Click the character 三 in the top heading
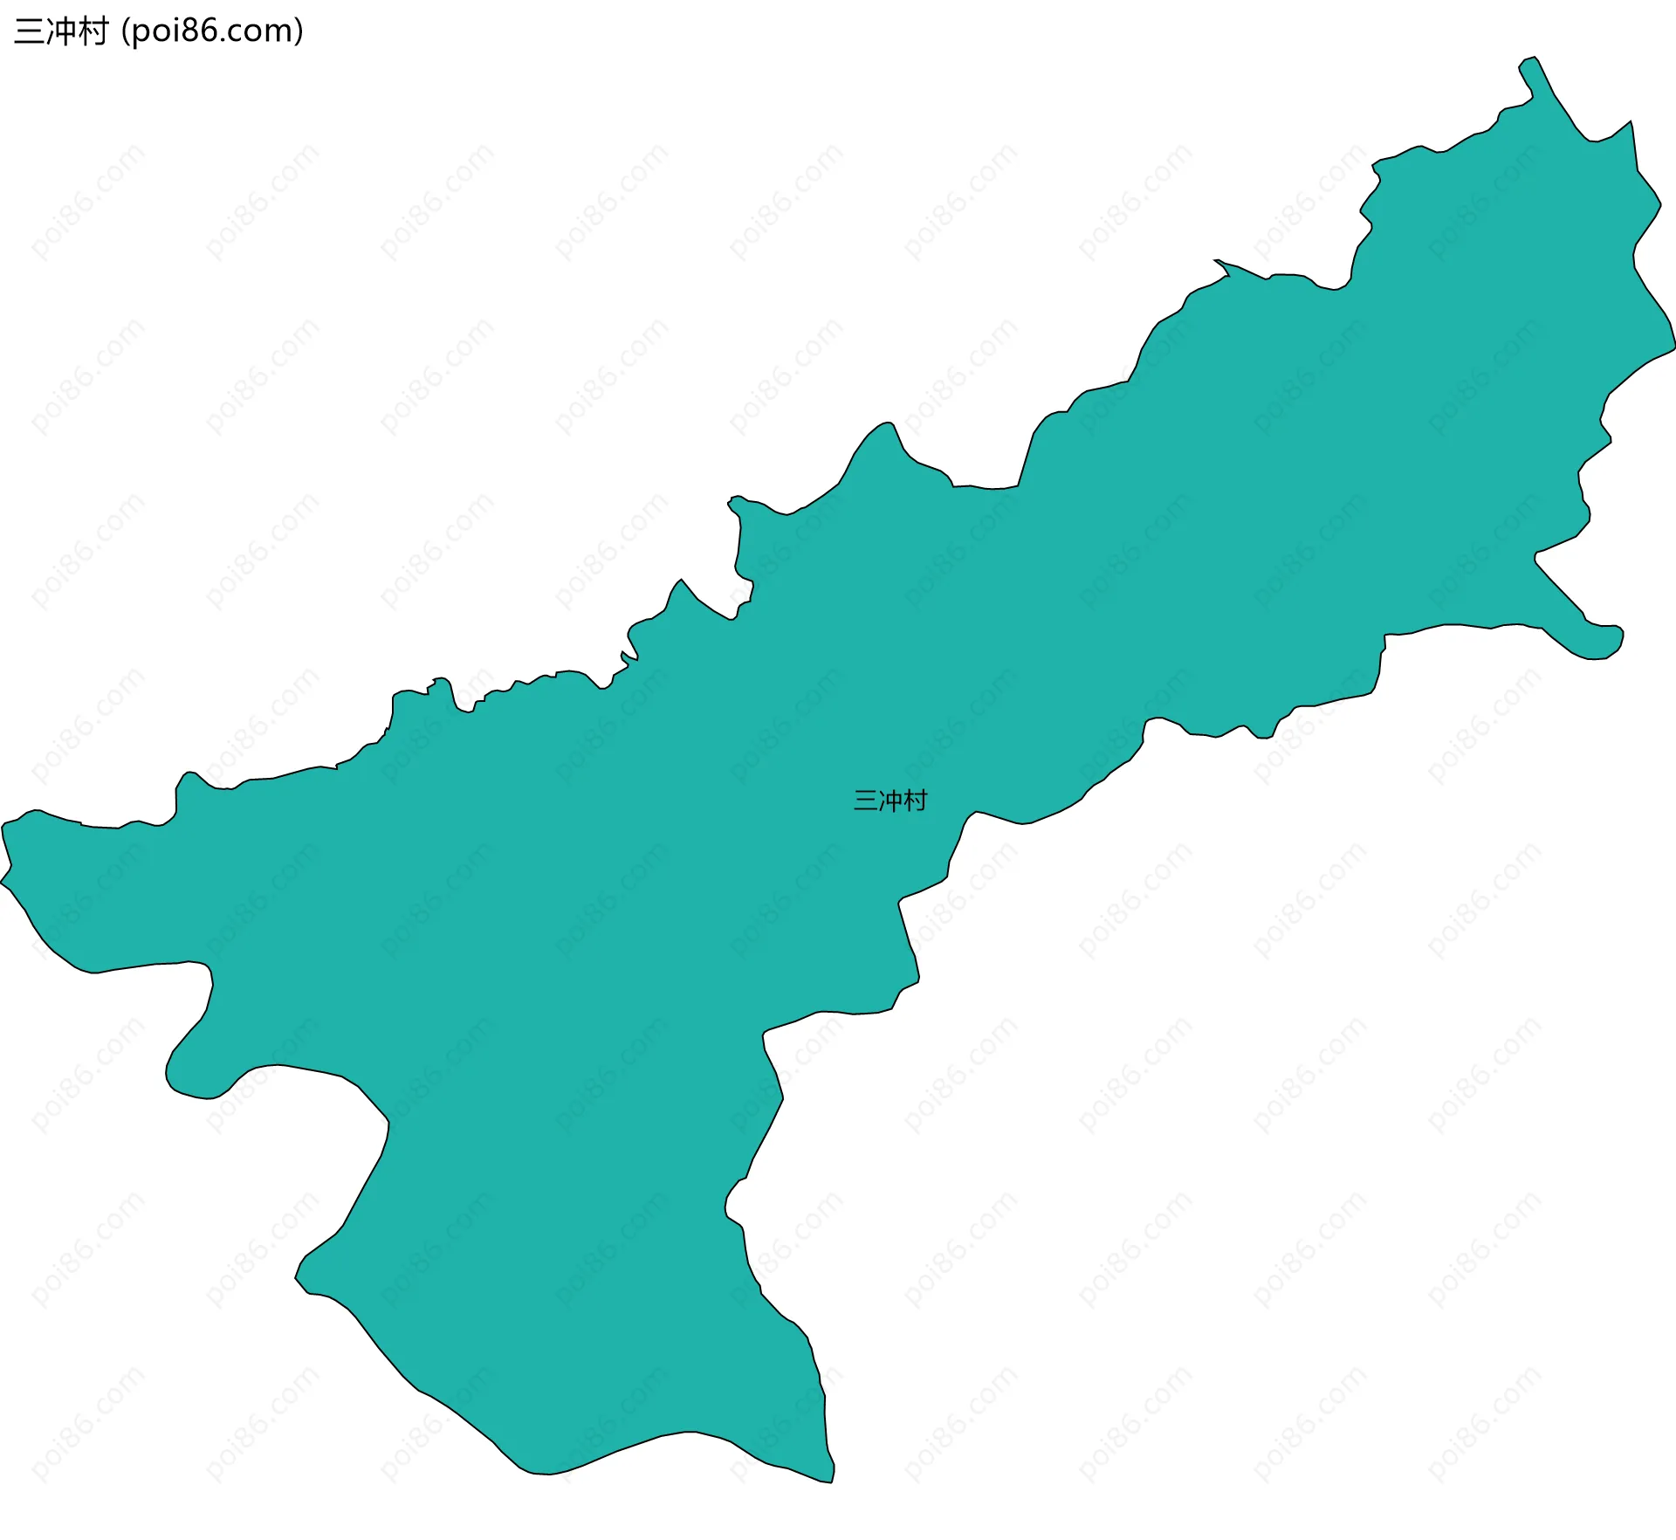(x=29, y=31)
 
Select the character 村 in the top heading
(x=93, y=31)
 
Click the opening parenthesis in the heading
(x=126, y=32)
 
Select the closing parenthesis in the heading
(x=299, y=32)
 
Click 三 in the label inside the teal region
(x=865, y=801)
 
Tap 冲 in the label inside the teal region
(x=890, y=801)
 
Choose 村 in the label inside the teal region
(x=916, y=801)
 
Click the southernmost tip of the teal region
(x=830, y=1482)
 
